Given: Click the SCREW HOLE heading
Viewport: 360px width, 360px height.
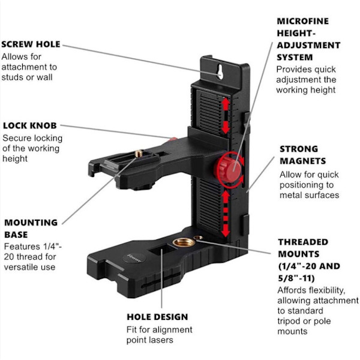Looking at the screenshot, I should click(31, 44).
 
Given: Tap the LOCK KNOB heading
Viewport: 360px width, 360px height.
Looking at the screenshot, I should click(30, 126).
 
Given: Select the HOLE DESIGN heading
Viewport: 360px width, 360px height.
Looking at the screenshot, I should click(157, 317).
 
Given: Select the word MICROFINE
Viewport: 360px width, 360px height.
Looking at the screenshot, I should click(302, 21).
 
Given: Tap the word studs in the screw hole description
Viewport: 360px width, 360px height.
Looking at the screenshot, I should click(14, 77).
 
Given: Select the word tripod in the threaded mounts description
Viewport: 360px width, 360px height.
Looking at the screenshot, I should click(290, 321).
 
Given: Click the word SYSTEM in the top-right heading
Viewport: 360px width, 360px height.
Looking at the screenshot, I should click(295, 57).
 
